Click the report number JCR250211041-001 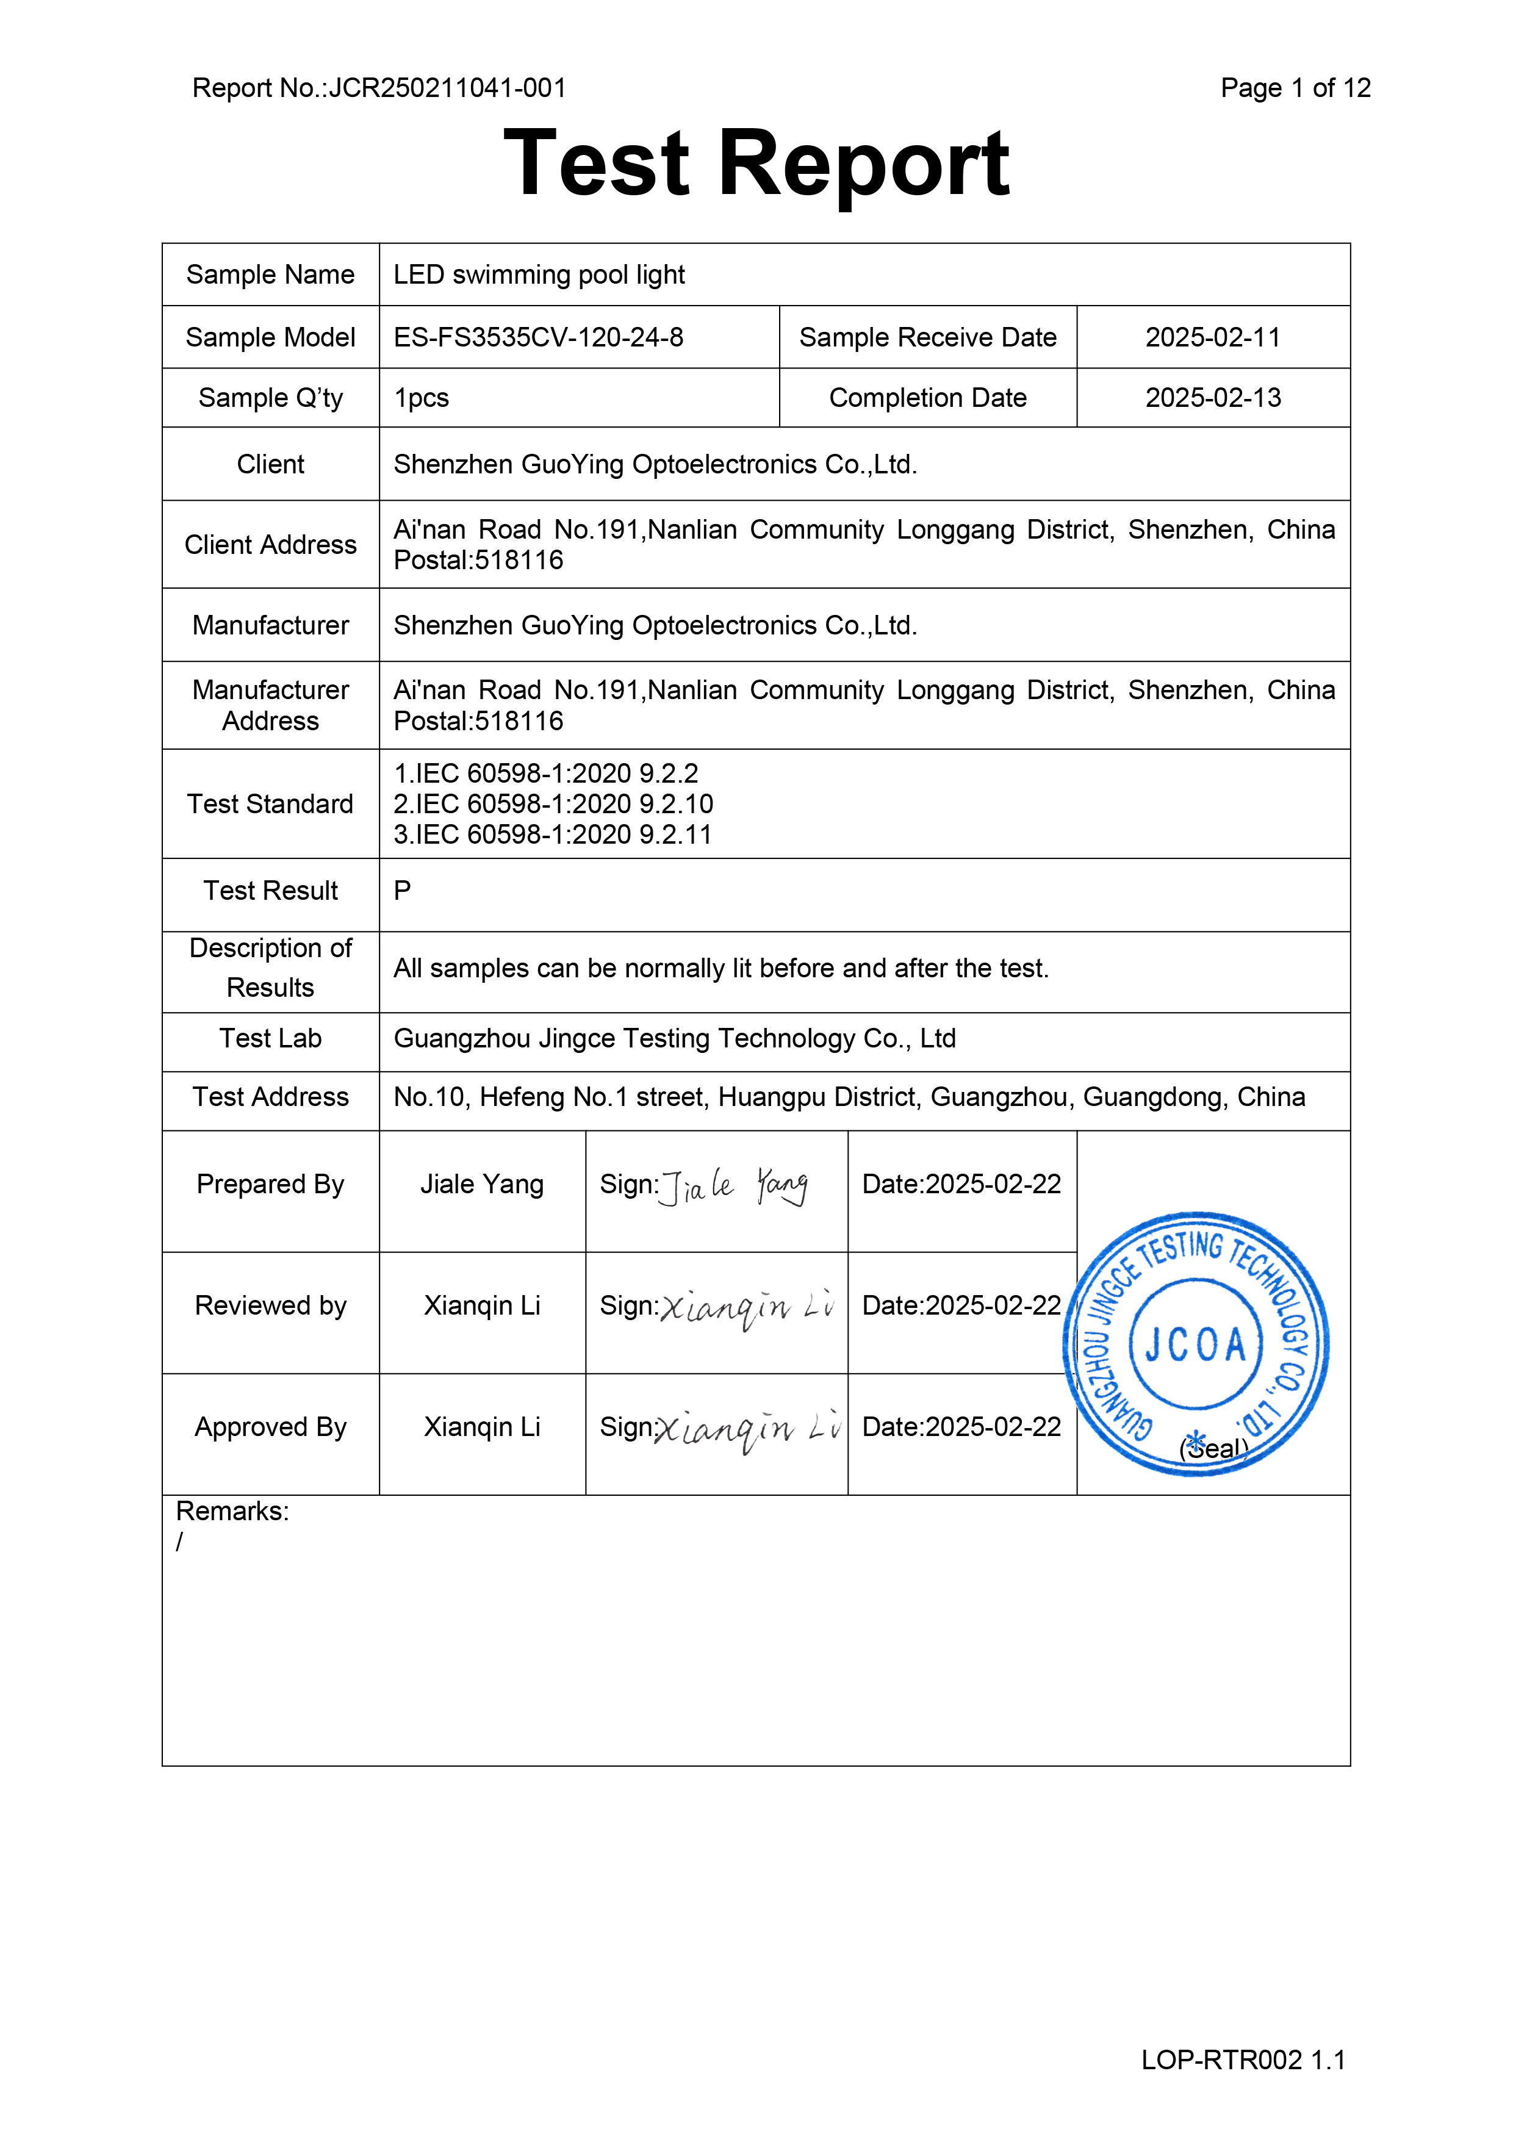pyautogui.click(x=447, y=88)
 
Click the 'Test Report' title pyautogui.click(x=756, y=164)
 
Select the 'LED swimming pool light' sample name pyautogui.click(x=539, y=275)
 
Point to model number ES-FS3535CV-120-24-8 pyautogui.click(x=538, y=337)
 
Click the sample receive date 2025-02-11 pyautogui.click(x=1213, y=337)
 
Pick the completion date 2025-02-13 pyautogui.click(x=1213, y=398)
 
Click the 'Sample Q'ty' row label pyautogui.click(x=270, y=398)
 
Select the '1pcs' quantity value pyautogui.click(x=422, y=398)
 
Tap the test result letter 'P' pyautogui.click(x=402, y=891)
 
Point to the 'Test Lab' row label pyautogui.click(x=270, y=1038)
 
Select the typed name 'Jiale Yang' pyautogui.click(x=482, y=1185)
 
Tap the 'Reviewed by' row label pyautogui.click(x=270, y=1306)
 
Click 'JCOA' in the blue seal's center pyautogui.click(x=1195, y=1345)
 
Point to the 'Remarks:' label pyautogui.click(x=232, y=1512)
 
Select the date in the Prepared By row pyautogui.click(x=961, y=1185)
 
